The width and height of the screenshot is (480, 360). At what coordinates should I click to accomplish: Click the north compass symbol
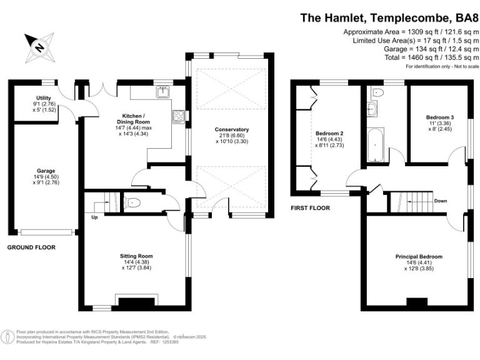click(x=40, y=47)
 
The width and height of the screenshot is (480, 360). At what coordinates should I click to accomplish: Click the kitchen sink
click(x=163, y=91)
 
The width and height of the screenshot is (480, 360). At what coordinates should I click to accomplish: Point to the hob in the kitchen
click(x=179, y=117)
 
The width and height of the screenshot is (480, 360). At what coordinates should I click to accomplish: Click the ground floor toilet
click(x=132, y=202)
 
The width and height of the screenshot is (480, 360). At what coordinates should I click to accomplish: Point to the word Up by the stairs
click(x=94, y=217)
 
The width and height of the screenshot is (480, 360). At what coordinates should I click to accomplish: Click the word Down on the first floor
click(x=441, y=201)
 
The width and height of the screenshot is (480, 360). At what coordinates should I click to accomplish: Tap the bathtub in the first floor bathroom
click(x=375, y=145)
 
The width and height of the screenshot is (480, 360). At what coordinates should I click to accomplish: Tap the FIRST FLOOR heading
click(x=310, y=208)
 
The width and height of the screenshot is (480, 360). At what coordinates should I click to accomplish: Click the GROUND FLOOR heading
click(x=31, y=247)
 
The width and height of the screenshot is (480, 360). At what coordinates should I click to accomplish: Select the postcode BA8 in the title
click(x=467, y=17)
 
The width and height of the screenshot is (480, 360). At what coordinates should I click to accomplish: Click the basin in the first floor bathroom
click(x=372, y=109)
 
